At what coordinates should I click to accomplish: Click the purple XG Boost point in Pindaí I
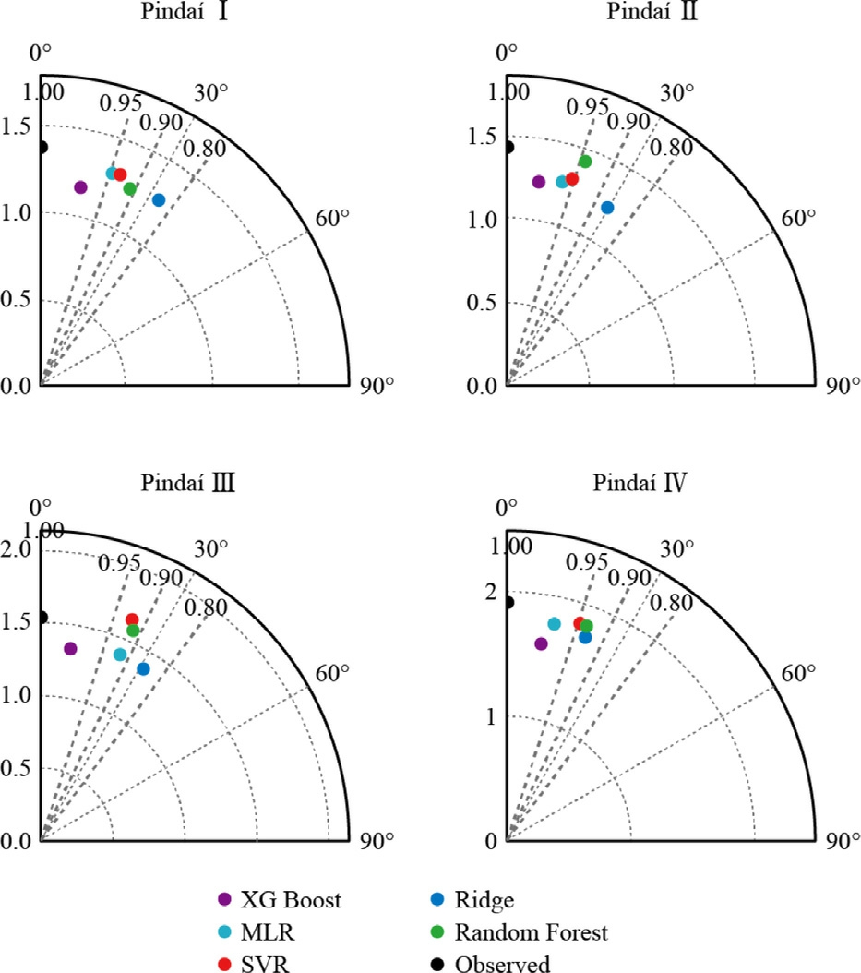[x=80, y=187]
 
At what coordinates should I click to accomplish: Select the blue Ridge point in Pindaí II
[x=607, y=208]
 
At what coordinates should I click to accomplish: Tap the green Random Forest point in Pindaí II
[x=584, y=162]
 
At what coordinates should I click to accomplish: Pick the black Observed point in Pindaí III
[x=42, y=618]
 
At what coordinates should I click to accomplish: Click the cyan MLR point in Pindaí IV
[x=555, y=624]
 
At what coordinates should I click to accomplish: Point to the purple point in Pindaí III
[x=70, y=649]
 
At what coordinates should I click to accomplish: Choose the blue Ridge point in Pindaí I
[x=159, y=200]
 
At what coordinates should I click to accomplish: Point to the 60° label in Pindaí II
[x=799, y=218]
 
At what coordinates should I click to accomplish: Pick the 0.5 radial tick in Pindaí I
[x=17, y=301]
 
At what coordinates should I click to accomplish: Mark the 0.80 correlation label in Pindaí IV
[x=671, y=604]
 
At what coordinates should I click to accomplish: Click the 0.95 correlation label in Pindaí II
[x=587, y=106]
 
